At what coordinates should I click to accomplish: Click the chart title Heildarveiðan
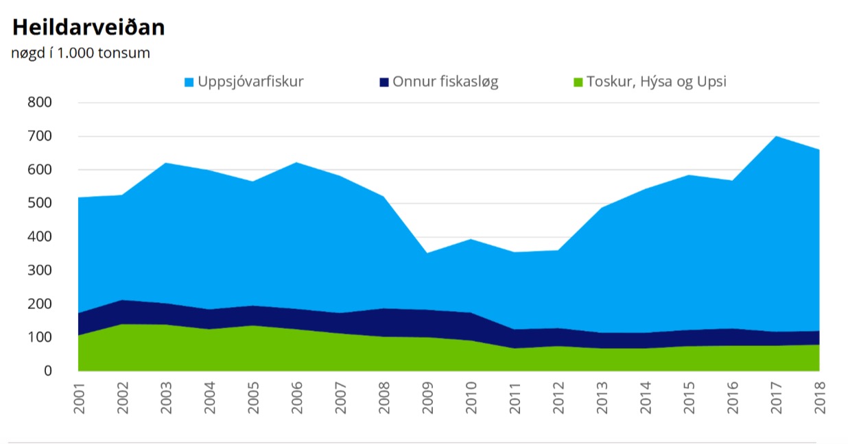[x=89, y=27]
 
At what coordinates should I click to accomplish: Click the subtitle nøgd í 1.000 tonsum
[x=80, y=53]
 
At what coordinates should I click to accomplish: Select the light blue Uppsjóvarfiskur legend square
[x=189, y=82]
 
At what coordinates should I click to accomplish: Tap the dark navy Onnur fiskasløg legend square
[x=384, y=82]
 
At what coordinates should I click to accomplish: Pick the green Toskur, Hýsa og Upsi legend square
[x=578, y=82]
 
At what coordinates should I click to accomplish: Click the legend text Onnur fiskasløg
[x=445, y=82]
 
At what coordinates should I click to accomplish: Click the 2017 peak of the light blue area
[x=776, y=136]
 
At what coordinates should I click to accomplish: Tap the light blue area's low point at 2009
[x=427, y=254]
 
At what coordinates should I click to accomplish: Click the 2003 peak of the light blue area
[x=167, y=163]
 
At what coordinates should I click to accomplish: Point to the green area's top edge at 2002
[x=123, y=324]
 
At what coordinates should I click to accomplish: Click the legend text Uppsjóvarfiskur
[x=250, y=82]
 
